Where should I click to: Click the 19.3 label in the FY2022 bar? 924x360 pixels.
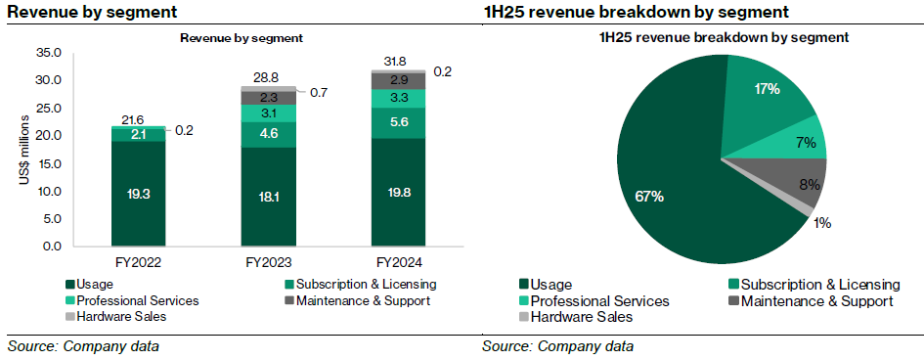pos(138,195)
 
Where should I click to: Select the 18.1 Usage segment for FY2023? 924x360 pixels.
pos(268,197)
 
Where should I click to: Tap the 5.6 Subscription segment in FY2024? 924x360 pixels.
pos(398,122)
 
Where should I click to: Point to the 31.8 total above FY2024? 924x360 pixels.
pos(398,61)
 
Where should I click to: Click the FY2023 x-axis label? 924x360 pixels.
pos(268,263)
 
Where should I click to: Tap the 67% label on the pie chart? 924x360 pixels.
pos(648,197)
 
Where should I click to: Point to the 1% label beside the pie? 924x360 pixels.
pos(822,223)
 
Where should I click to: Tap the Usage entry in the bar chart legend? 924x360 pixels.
pos(91,285)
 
